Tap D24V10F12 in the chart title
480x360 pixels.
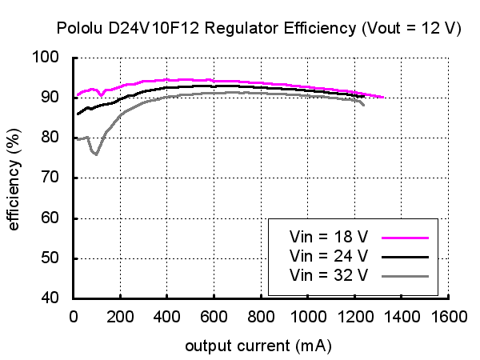click(153, 28)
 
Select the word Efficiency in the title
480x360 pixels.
click(314, 28)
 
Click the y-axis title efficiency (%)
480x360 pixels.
click(14, 178)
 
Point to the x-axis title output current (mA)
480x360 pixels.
click(258, 346)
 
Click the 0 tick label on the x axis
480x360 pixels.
click(73, 316)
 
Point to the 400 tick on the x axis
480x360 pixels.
click(166, 316)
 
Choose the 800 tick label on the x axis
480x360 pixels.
click(261, 316)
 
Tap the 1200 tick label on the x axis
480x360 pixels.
click(354, 316)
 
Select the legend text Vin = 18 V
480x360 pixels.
click(329, 237)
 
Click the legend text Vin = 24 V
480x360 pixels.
click(329, 256)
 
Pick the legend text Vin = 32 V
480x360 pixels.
click(329, 275)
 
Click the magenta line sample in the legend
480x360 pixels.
click(406, 238)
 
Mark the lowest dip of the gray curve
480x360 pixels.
click(96, 154)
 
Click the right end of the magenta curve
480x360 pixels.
click(383, 97)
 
